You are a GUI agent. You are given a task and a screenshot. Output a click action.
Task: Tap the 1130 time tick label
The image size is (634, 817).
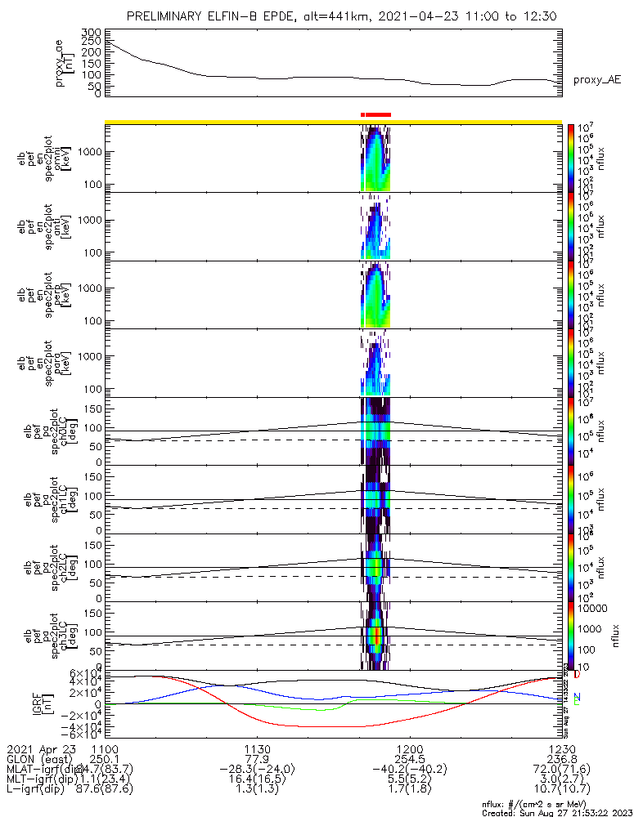(257, 748)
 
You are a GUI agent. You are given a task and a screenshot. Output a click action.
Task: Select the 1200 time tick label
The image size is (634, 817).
(409, 748)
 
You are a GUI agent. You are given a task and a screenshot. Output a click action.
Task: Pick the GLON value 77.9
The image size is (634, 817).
(257, 759)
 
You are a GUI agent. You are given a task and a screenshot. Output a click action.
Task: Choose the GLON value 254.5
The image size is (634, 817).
(409, 759)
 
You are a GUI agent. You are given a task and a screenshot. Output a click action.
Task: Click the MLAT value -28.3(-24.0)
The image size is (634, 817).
(257, 770)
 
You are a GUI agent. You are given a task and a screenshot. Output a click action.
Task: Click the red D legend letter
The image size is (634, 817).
(578, 675)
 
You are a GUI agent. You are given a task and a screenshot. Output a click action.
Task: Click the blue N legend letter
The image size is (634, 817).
(577, 697)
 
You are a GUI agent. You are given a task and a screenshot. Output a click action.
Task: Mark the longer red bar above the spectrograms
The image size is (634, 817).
(379, 114)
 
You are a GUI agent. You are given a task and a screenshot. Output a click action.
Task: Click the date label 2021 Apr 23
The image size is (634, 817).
(41, 748)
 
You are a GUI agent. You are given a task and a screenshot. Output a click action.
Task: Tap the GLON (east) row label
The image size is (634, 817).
(41, 759)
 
